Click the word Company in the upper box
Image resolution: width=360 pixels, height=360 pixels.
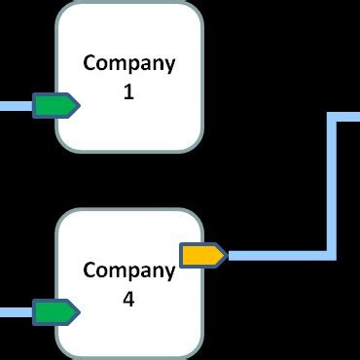coord(129,64)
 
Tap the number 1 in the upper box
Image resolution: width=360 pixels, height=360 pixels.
coord(129,93)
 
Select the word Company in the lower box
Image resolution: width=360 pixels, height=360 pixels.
coord(129,270)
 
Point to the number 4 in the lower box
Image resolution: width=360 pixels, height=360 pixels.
coord(129,300)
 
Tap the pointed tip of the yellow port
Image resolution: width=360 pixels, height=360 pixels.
coord(225,255)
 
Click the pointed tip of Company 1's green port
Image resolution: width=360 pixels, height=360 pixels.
coord(78,105)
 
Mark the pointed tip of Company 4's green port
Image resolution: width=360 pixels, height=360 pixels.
coord(78,312)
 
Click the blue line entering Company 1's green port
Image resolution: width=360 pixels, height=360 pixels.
coord(16,105)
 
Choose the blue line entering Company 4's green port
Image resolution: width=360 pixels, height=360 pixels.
coord(16,312)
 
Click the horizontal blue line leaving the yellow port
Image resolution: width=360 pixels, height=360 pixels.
coord(277,255)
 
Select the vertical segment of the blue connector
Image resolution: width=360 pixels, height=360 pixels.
coord(331,185)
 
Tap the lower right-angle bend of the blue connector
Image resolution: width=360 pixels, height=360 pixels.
coord(331,255)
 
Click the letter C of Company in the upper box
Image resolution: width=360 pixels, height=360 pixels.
coord(90,64)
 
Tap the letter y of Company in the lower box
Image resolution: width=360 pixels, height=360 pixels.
coord(170,272)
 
